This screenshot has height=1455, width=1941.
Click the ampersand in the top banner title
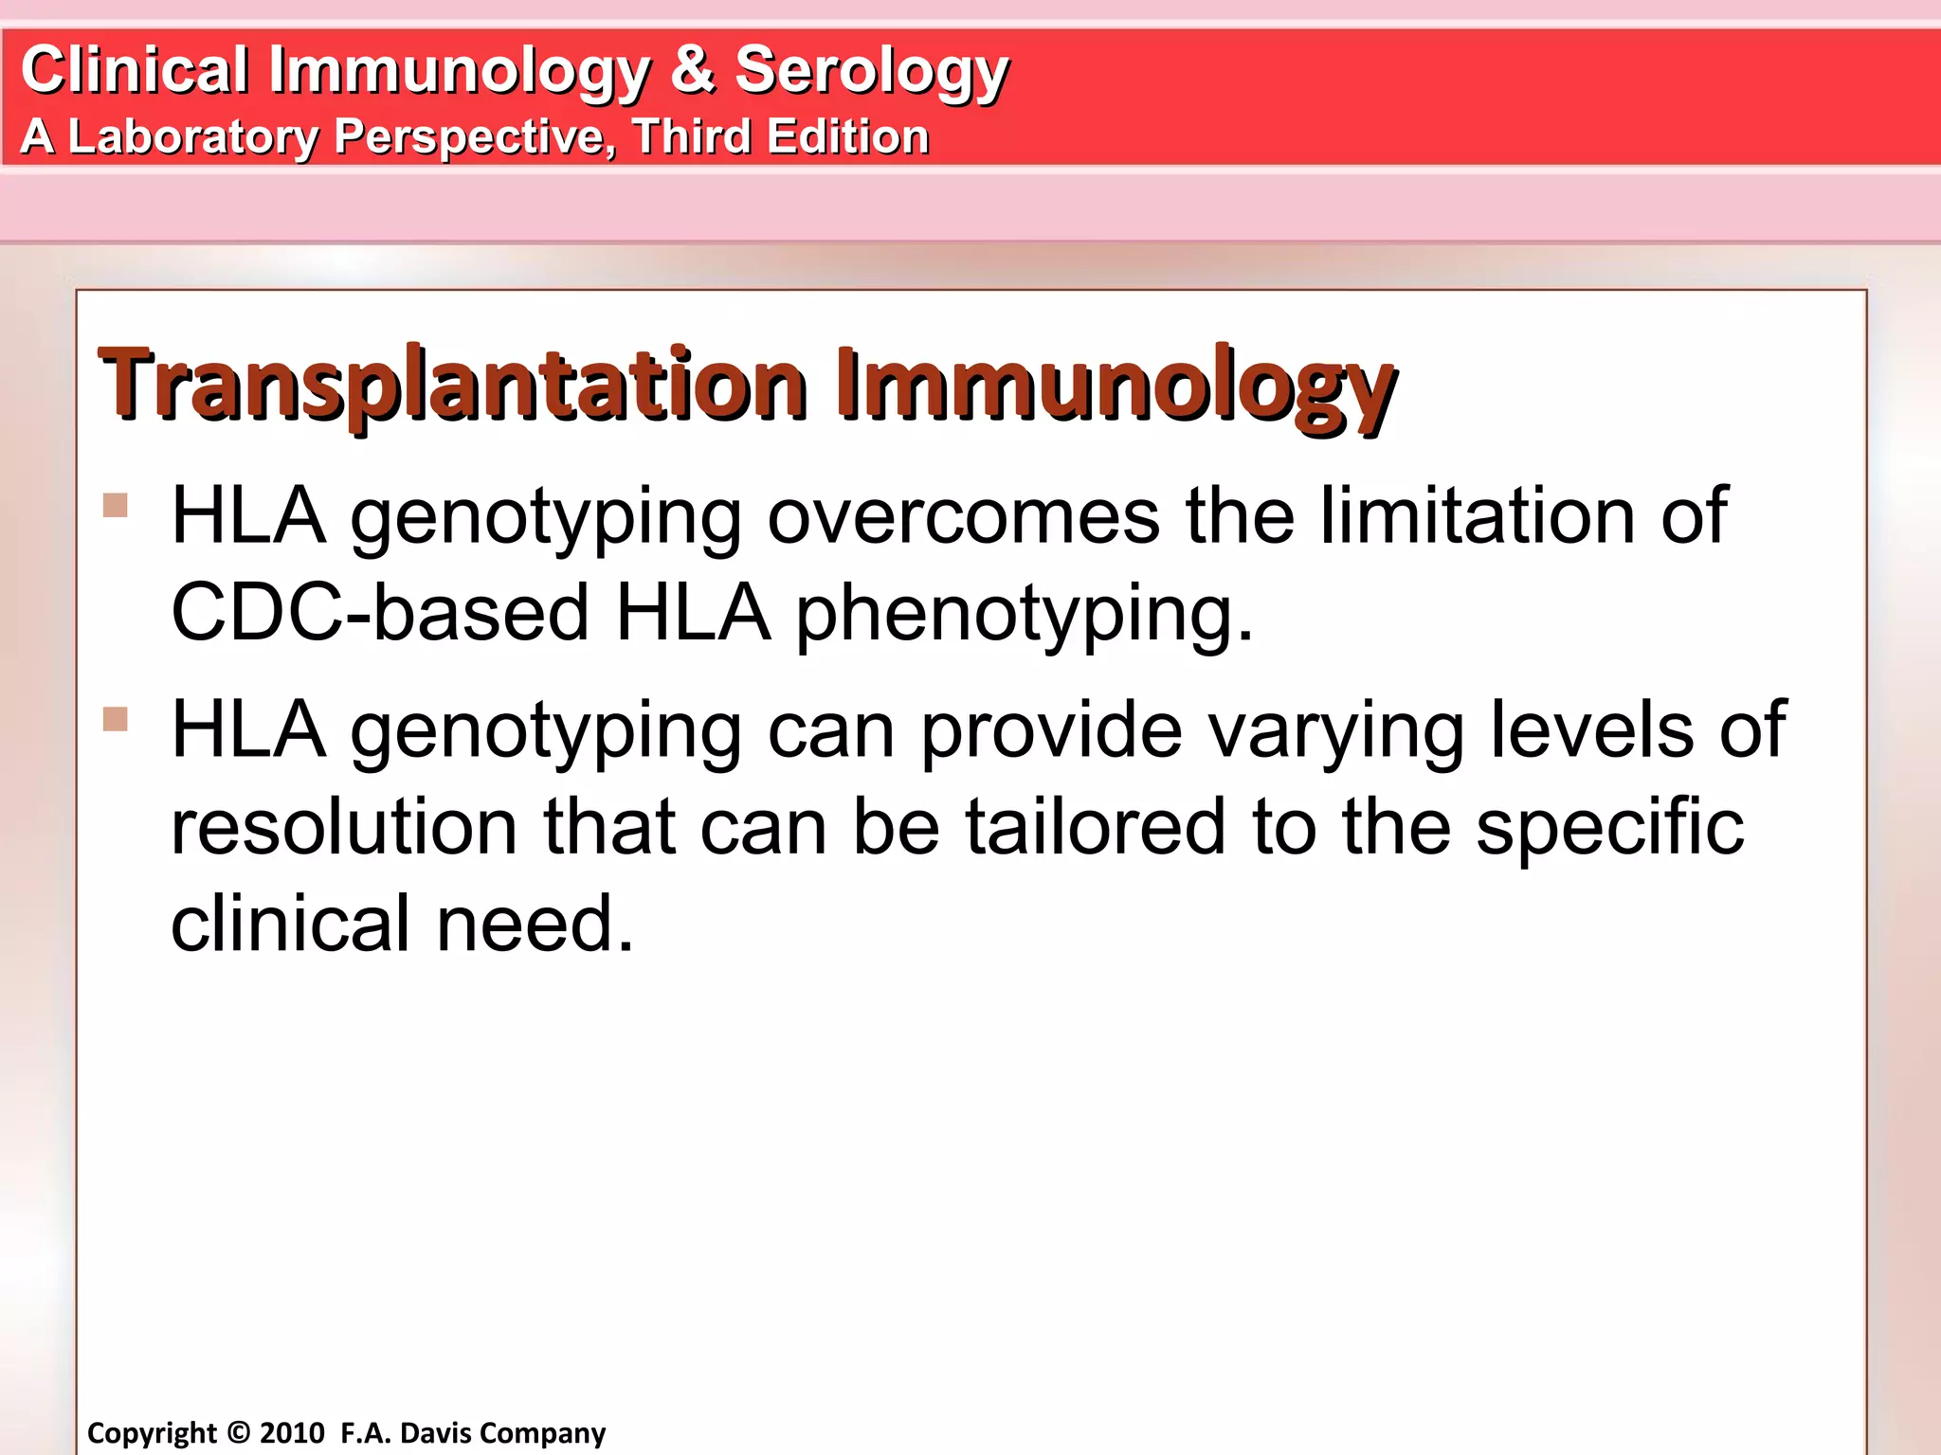pyautogui.click(x=692, y=70)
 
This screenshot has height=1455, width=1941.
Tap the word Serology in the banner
pyautogui.click(x=871, y=72)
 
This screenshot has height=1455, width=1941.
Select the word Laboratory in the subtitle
pyautogui.click(x=193, y=136)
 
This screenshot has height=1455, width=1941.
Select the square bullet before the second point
pyautogui.click(x=116, y=719)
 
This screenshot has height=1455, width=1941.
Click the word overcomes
pyautogui.click(x=963, y=516)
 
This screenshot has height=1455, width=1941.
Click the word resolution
pyautogui.click(x=343, y=827)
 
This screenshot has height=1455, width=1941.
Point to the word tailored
pyautogui.click(x=1095, y=827)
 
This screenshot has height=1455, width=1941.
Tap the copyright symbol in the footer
pyautogui.click(x=239, y=1432)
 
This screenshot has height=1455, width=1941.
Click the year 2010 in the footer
pyautogui.click(x=292, y=1432)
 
